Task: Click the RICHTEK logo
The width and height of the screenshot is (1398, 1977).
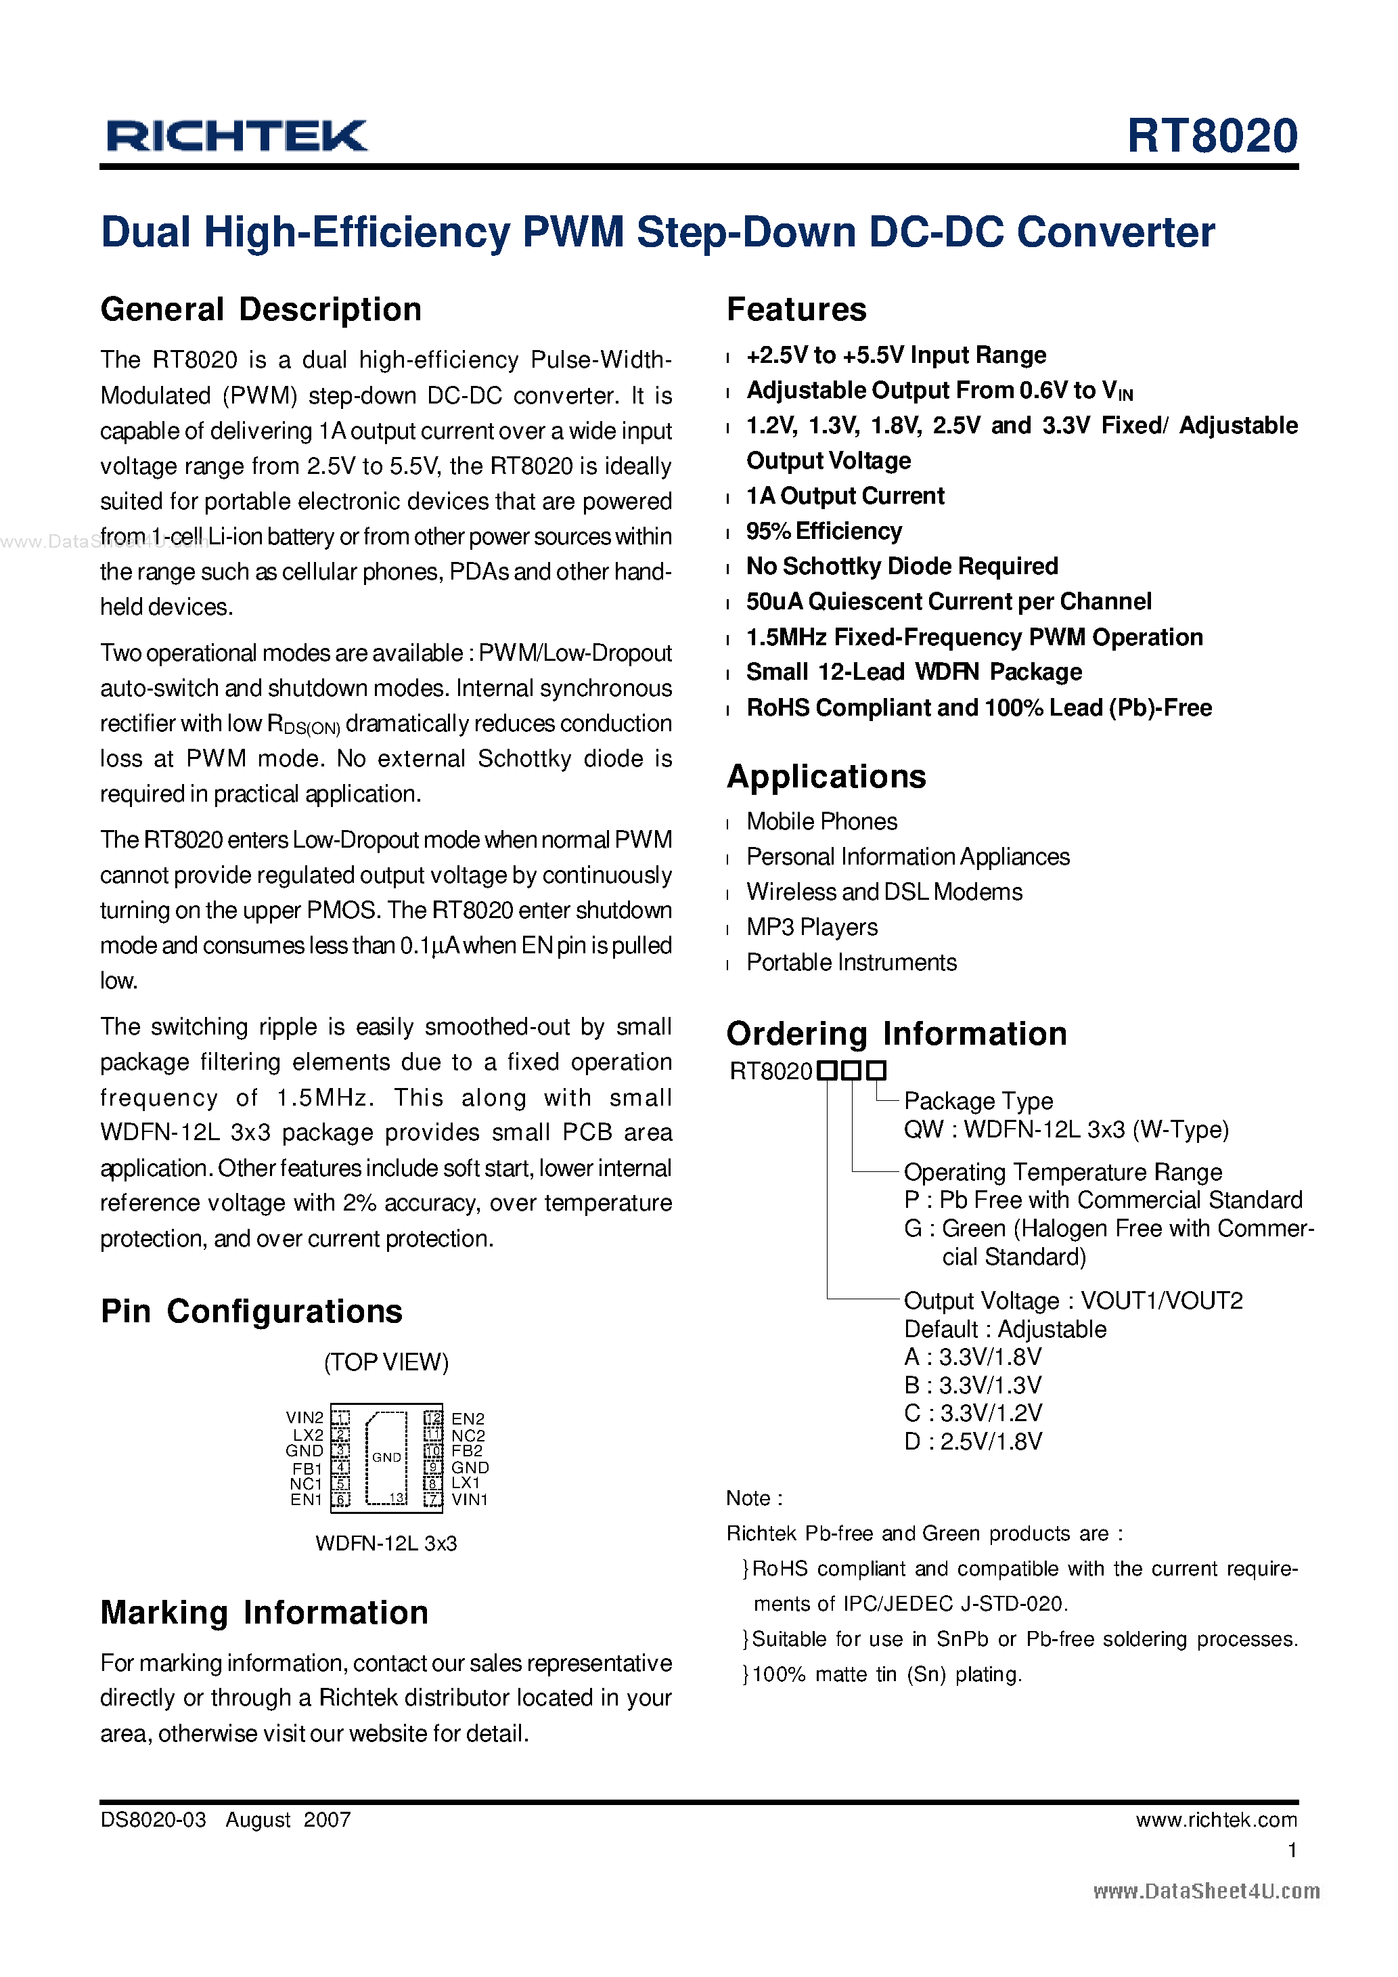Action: point(237,136)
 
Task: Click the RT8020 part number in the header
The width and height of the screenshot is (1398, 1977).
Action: point(1211,136)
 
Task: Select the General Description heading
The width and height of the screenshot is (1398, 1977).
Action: point(261,309)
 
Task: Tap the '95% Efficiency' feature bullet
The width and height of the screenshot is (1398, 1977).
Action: point(824,531)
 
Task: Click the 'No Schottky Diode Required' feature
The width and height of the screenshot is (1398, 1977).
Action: point(901,567)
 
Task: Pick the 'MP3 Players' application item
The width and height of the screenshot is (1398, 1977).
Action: point(812,928)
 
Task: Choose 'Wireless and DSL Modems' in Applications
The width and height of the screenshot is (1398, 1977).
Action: point(884,892)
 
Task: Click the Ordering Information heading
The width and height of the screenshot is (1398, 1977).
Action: point(896,1033)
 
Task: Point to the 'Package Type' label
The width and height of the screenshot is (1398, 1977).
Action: point(978,1102)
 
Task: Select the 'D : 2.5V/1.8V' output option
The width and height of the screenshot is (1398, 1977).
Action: point(973,1441)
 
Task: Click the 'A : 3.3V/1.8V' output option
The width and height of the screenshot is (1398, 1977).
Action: point(973,1357)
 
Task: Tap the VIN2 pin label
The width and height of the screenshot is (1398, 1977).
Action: point(304,1417)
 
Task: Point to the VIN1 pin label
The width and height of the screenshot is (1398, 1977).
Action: point(469,1499)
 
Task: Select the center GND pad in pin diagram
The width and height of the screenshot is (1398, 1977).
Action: point(386,1457)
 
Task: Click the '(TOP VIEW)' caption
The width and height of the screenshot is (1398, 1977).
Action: point(386,1362)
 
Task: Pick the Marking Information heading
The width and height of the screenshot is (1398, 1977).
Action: point(265,1613)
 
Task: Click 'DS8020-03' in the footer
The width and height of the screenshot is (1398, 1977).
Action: point(153,1819)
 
